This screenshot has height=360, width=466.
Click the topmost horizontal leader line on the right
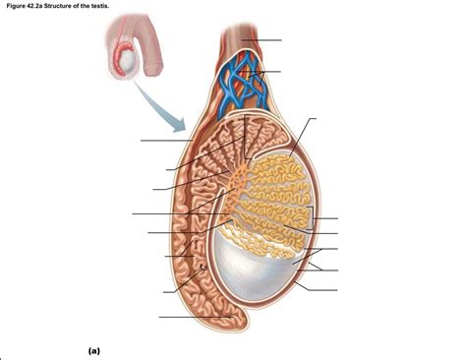265,40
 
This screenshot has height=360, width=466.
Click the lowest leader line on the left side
187,317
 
